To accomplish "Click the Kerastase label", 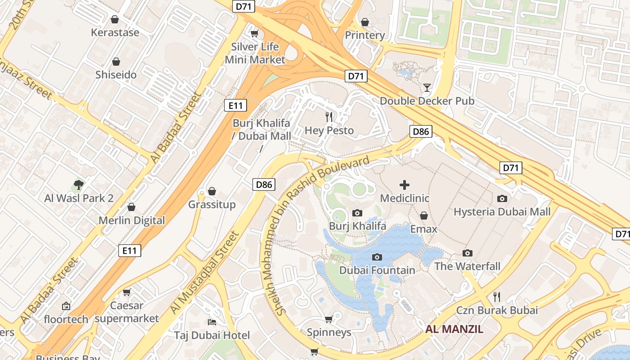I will [115, 32].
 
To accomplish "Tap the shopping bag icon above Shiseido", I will [116, 62].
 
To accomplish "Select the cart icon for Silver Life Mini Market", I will [255, 34].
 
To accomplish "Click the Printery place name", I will [364, 35].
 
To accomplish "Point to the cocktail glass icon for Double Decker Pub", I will [427, 87].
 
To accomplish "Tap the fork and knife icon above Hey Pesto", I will [329, 117].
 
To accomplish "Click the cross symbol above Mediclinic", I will [405, 184].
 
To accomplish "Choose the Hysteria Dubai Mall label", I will [502, 211].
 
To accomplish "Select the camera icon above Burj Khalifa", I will [357, 213].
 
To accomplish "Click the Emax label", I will [423, 229].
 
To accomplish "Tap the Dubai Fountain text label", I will [377, 270].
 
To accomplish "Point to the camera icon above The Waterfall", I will [468, 253].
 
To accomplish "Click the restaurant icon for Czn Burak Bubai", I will [497, 297].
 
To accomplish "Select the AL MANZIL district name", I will [454, 329].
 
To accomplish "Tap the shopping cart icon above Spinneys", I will [329, 319].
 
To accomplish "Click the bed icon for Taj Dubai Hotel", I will [212, 322].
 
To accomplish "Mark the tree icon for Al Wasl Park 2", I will [79, 184].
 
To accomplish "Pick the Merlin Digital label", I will [132, 220].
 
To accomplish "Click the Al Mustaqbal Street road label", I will [204, 274].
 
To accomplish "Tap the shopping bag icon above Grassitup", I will [212, 192].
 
